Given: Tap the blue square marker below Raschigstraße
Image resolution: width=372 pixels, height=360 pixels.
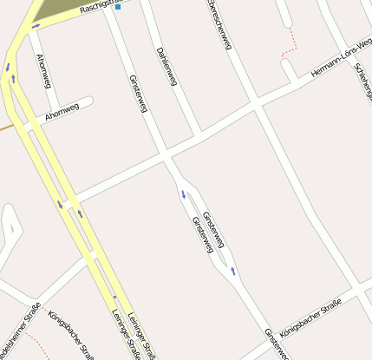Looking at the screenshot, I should tap(118, 18).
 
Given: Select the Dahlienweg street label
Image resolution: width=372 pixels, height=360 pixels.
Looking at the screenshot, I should tap(167, 68).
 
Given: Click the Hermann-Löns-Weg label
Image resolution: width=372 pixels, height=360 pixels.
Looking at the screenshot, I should tap(340, 59).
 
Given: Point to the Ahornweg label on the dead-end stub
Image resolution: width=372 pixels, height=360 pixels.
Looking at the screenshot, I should tap(62, 110).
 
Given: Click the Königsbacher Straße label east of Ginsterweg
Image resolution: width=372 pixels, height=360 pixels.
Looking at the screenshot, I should tap(312, 317).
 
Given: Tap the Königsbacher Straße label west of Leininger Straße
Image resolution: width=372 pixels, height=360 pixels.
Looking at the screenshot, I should tap(71, 334).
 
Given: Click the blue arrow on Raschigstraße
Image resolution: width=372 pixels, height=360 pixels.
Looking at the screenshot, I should tap(36, 26).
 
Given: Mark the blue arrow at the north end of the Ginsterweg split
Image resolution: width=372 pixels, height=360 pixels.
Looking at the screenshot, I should tap(183, 193).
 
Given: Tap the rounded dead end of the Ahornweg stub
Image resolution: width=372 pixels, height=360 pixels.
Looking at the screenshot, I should tap(89, 101).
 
